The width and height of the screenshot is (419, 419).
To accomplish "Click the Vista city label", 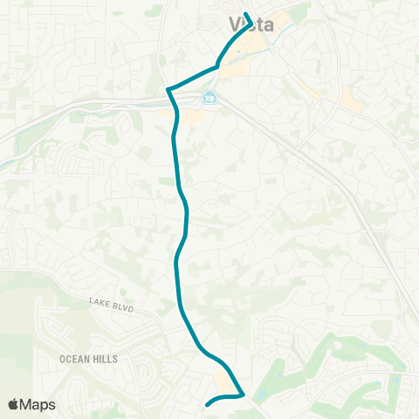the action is point(251,24).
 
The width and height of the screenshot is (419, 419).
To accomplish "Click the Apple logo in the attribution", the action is point(13,404).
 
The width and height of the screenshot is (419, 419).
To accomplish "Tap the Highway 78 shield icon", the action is point(209,98).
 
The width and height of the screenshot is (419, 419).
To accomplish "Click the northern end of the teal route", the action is point(246,14).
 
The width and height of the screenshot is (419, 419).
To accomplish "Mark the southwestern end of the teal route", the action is point(207,404).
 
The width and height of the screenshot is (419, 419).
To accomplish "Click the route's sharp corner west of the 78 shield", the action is point(169,89).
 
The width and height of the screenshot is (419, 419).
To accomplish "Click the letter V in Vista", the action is point(234,24).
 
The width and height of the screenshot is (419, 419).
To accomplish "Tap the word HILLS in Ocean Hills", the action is point(106,359).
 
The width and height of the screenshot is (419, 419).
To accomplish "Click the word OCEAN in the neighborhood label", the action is point(75,359).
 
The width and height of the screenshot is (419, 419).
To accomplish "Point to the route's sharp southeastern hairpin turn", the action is point(243,395).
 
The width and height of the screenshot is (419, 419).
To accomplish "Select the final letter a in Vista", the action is point(268,24).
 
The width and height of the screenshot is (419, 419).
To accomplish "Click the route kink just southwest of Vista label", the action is point(216,65).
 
